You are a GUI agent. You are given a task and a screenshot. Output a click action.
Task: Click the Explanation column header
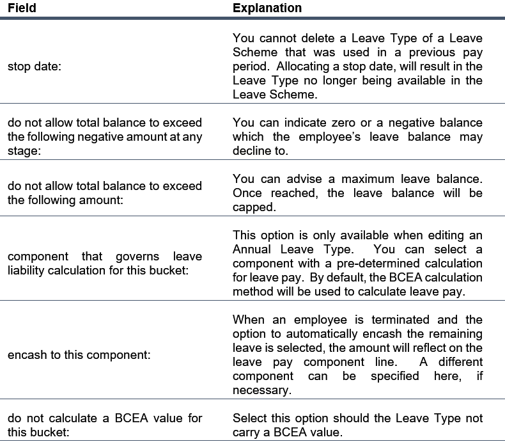pyautogui.click(x=267, y=9)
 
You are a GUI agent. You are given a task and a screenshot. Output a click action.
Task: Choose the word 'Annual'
pyautogui.click(x=253, y=249)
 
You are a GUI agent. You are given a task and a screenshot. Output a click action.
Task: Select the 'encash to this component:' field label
pyautogui.click(x=79, y=354)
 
